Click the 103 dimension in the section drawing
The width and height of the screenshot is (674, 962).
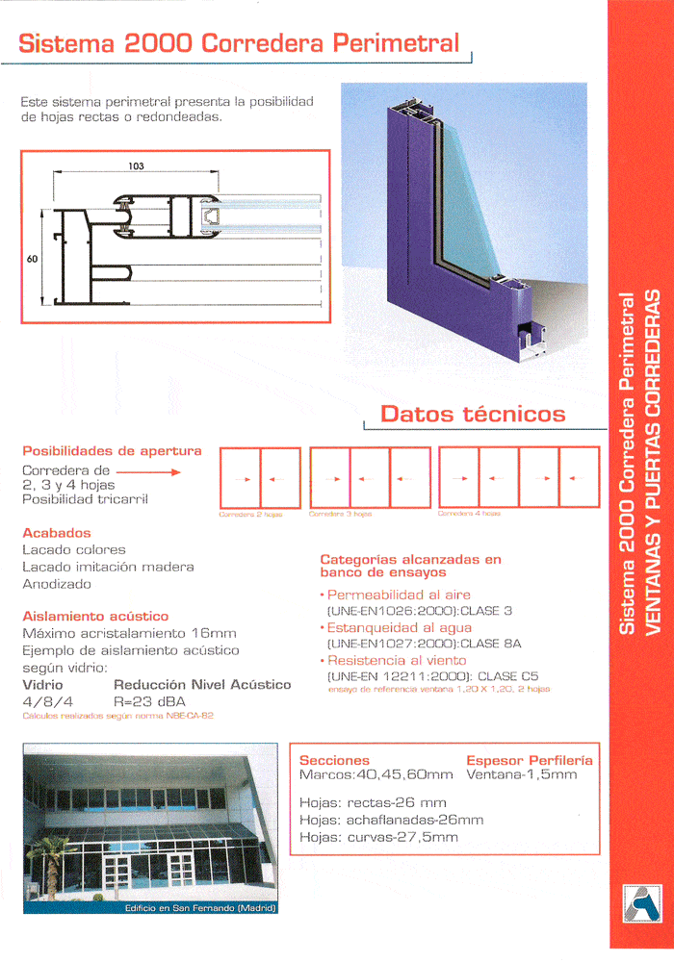click(136, 166)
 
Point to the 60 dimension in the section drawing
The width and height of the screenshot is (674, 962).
click(31, 258)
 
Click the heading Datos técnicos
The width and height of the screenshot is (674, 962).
click(473, 414)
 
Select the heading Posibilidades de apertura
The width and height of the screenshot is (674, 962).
click(112, 450)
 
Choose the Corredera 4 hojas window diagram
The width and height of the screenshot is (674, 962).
click(518, 478)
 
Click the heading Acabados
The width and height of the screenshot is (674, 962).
click(57, 532)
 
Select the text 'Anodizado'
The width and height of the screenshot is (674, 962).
click(57, 584)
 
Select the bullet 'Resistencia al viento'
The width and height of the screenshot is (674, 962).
click(397, 660)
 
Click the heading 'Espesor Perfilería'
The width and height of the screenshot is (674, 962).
click(529, 760)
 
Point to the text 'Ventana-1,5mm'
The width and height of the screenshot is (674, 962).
click(521, 773)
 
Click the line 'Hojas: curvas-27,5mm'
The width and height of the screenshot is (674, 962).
click(378, 837)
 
